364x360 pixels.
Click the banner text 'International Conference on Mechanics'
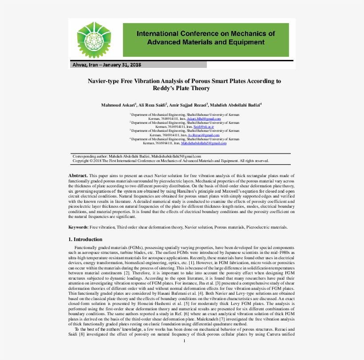tap(206, 34)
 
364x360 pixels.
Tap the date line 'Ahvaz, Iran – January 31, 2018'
tap(107, 65)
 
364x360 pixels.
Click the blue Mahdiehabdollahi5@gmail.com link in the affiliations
tap(204, 143)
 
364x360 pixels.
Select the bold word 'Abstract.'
tap(78, 176)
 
